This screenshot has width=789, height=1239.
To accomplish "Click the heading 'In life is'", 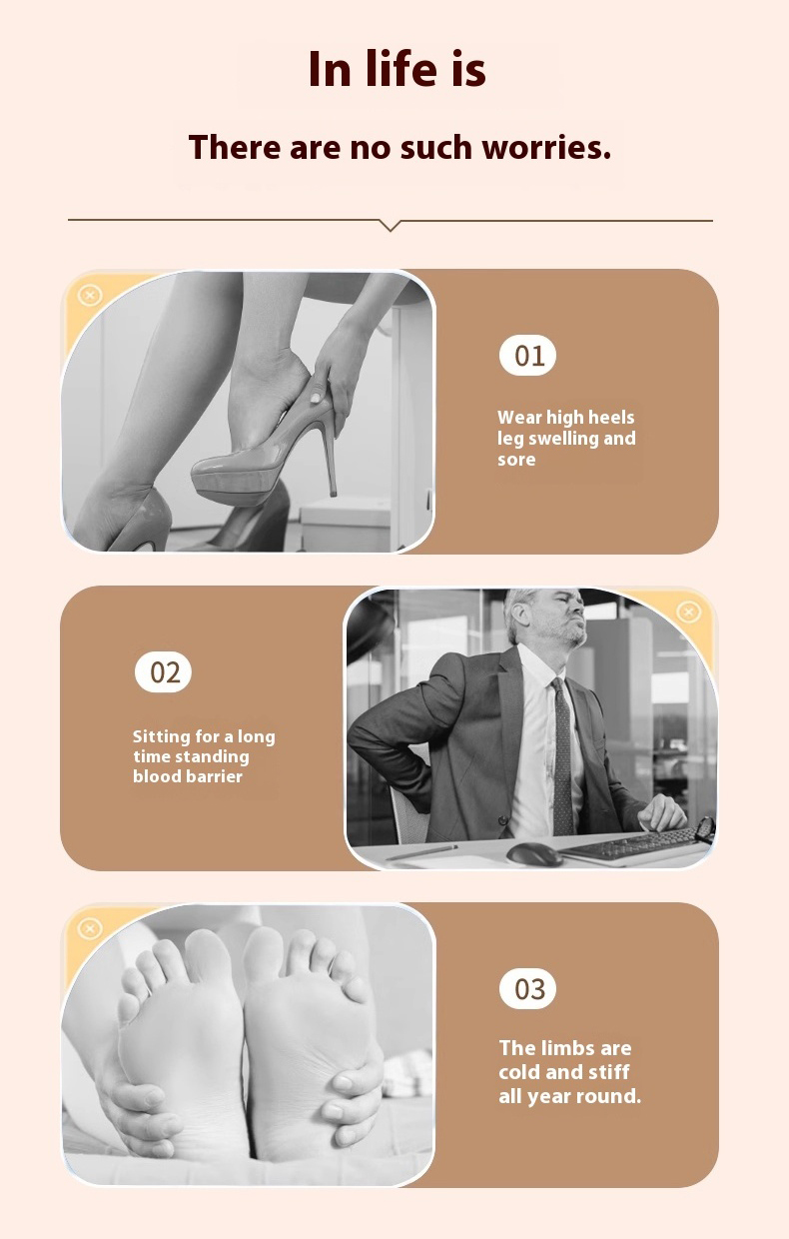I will (x=396, y=70).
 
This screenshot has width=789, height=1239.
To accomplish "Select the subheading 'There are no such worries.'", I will (x=399, y=148).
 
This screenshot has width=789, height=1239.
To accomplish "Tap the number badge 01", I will (x=527, y=356).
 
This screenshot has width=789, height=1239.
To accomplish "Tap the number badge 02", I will (x=163, y=672).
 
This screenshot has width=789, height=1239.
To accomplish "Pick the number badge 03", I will (x=527, y=989).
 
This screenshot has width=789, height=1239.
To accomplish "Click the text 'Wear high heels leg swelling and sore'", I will (x=566, y=439).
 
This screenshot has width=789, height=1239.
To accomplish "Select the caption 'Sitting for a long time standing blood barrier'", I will (x=204, y=756).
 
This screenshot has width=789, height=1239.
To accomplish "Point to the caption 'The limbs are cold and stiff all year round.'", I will (x=569, y=1072).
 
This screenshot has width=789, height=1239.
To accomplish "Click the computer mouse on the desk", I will (x=534, y=853).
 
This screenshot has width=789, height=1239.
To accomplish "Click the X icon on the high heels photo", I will (x=90, y=296).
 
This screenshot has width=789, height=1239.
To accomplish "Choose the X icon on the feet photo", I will (x=90, y=929).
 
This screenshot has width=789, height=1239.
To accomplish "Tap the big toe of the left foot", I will (x=205, y=949).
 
